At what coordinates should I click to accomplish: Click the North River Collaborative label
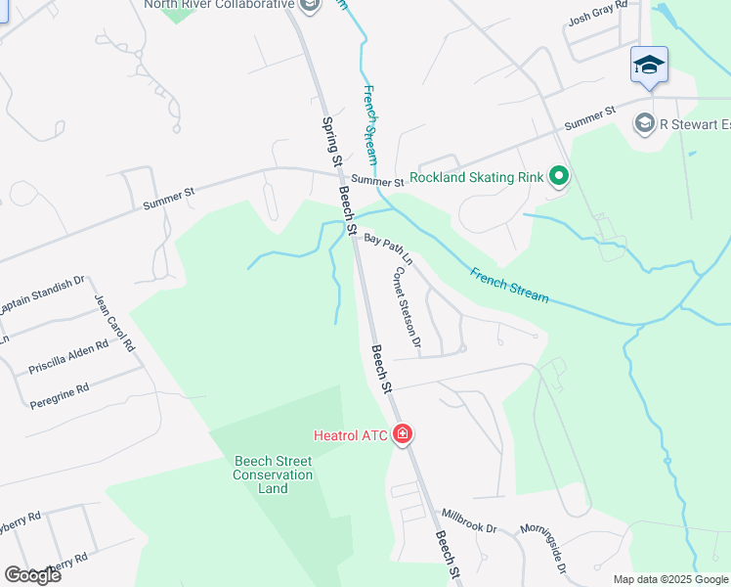point(218,5)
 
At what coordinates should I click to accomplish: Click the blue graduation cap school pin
point(649,66)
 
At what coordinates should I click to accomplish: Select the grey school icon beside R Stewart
point(644,123)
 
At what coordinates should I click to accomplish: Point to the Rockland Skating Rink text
point(476,177)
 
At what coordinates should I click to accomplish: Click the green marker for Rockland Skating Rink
point(559,177)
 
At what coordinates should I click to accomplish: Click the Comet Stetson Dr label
point(407,308)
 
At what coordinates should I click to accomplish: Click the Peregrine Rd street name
point(59,396)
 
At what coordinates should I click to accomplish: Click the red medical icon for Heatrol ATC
point(402,434)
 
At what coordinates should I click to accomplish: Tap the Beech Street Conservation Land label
point(273,474)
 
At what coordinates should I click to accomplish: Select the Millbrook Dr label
point(469,520)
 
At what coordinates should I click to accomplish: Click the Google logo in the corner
point(32,575)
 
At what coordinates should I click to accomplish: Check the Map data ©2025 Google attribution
point(670,579)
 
